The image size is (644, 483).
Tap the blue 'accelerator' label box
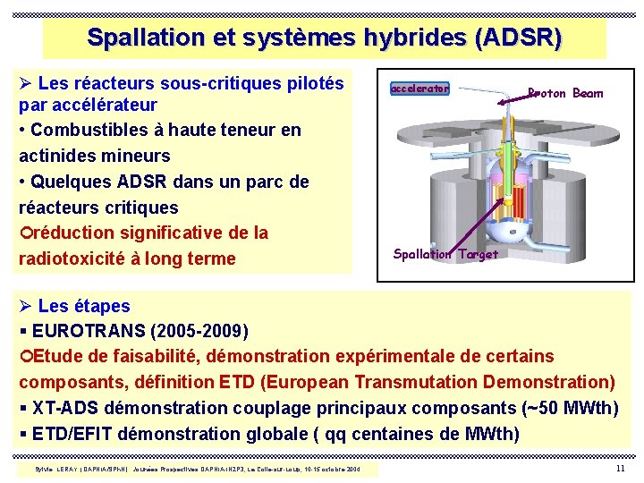419,89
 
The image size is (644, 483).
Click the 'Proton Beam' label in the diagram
565,93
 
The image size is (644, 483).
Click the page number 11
620,470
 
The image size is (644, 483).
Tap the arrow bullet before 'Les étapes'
25,306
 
